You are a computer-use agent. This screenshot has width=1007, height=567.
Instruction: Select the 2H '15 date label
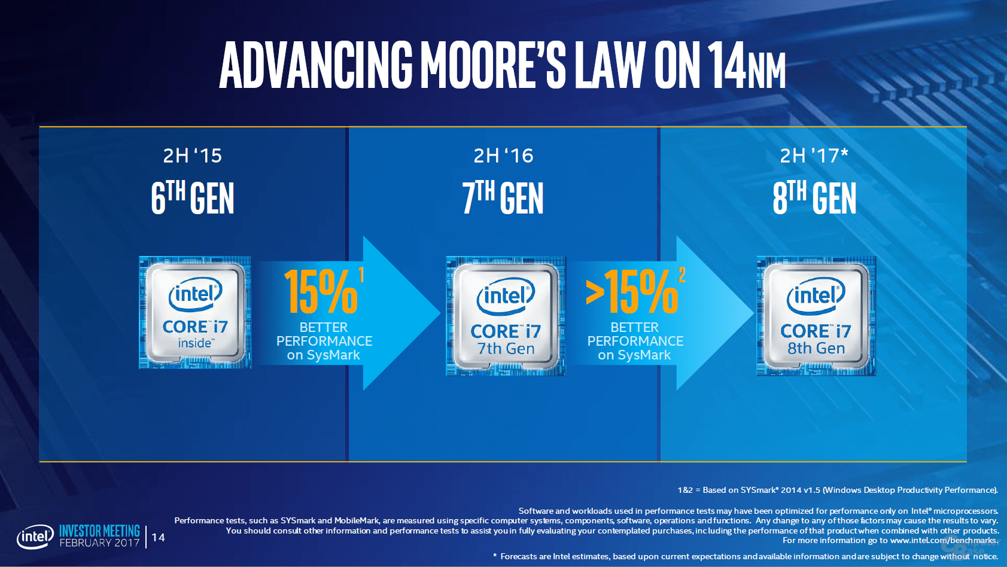coord(192,156)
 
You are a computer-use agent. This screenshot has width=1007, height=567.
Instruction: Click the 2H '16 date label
coord(503,156)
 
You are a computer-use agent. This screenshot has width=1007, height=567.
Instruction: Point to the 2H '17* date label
coord(814,156)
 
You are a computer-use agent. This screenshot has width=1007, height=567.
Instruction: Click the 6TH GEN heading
coord(192,198)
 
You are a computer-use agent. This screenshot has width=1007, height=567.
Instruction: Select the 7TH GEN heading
coord(503,198)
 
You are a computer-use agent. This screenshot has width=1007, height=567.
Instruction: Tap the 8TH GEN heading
coord(814,198)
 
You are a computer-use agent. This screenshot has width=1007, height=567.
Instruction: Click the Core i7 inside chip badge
coord(195,313)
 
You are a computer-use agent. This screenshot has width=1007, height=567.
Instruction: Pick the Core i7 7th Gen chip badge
coord(506,316)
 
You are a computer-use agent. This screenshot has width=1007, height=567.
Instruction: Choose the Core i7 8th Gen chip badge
coord(816,316)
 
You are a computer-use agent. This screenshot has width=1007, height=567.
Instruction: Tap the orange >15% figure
coord(632,292)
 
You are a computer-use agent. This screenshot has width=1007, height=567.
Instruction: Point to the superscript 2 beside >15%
coord(682,275)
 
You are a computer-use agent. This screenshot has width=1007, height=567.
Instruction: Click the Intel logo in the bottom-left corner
coord(35,536)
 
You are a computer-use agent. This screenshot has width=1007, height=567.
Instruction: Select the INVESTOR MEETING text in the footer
coord(99,531)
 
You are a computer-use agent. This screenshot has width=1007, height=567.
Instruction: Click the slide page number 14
coord(158,537)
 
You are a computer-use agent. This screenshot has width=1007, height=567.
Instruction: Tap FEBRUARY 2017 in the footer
coord(99,543)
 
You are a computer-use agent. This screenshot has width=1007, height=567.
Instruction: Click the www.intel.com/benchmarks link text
coord(943,540)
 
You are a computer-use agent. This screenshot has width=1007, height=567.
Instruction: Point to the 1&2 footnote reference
coord(684,490)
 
